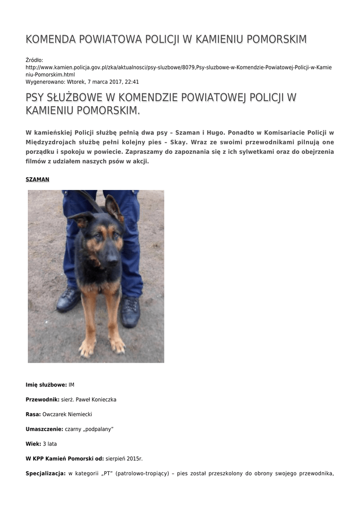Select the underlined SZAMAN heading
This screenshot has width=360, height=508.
click(x=37, y=180)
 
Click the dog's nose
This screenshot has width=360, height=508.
click(x=112, y=258)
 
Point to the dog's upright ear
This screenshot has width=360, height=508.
click(x=114, y=208)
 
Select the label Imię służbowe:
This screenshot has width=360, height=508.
click(x=46, y=385)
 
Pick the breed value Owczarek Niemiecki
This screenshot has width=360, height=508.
click(x=68, y=414)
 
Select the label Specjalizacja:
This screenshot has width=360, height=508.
click(x=46, y=474)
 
